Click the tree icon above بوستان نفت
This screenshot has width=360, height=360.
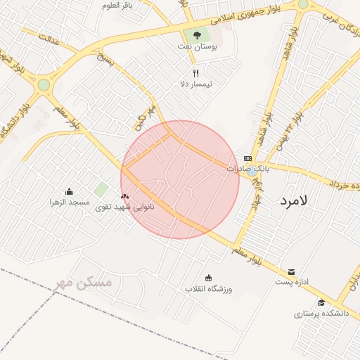pos(196,36)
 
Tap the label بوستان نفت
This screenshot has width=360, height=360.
pos(196,47)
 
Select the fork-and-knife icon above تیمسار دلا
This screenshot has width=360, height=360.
pos(196,73)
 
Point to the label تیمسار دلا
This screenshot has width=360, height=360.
pos(196,84)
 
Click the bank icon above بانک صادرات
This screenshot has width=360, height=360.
pos(247,158)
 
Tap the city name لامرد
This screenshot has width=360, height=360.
pos(294,200)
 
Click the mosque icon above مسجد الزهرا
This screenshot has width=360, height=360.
pos(69,191)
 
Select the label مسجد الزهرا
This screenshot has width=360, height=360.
pos(69,202)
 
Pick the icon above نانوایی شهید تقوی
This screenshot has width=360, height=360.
pos(125,196)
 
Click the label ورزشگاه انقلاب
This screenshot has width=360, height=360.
pos(209,289)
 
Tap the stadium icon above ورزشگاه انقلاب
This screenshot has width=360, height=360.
pos(208,277)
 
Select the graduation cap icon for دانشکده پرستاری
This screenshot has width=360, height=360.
pos(322,302)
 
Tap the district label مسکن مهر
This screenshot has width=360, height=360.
pos(84,283)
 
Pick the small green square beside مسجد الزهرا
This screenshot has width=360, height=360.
pos(102,189)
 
